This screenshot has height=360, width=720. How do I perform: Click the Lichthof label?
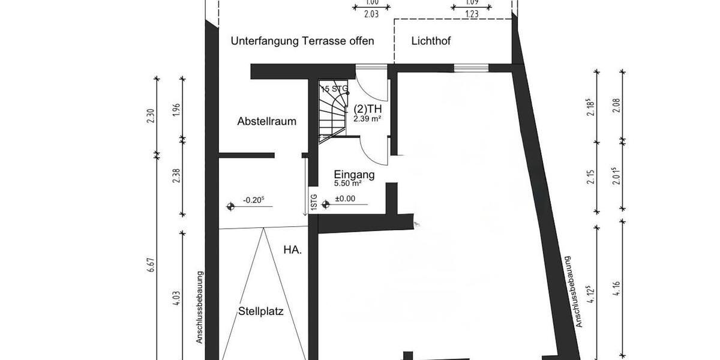click(431, 41)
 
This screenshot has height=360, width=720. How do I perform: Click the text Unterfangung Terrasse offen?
click(302, 41)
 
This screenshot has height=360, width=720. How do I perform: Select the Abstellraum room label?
click(267, 121)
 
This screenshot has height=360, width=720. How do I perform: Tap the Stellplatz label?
click(260, 311)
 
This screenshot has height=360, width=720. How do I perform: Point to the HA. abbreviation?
click(292, 250)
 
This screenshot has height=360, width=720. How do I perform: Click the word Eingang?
click(354, 175)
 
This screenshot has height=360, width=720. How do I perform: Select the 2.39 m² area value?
click(367, 119)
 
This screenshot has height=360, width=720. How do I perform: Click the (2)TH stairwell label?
click(367, 109)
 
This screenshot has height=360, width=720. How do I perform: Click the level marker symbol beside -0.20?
click(230, 207)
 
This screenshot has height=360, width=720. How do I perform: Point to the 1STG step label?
click(313, 203)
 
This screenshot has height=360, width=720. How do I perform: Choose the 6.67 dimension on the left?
click(151, 264)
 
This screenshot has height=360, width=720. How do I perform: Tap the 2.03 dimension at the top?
click(371, 15)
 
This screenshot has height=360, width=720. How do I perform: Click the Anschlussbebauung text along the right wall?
click(572, 292)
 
